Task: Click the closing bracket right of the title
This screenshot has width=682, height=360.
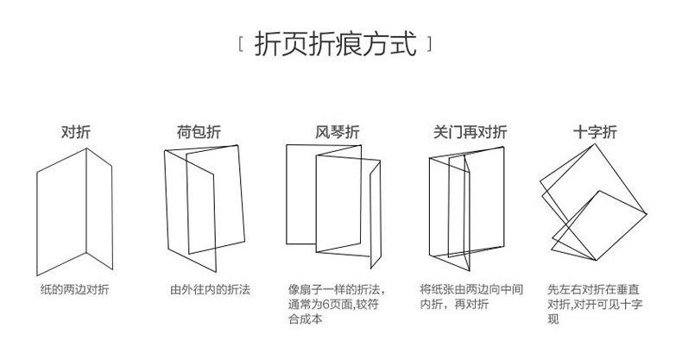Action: click(429, 43)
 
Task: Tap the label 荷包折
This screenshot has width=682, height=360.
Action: click(199, 133)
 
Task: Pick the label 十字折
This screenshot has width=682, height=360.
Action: click(596, 133)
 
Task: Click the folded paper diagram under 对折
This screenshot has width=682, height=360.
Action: click(74, 207)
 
